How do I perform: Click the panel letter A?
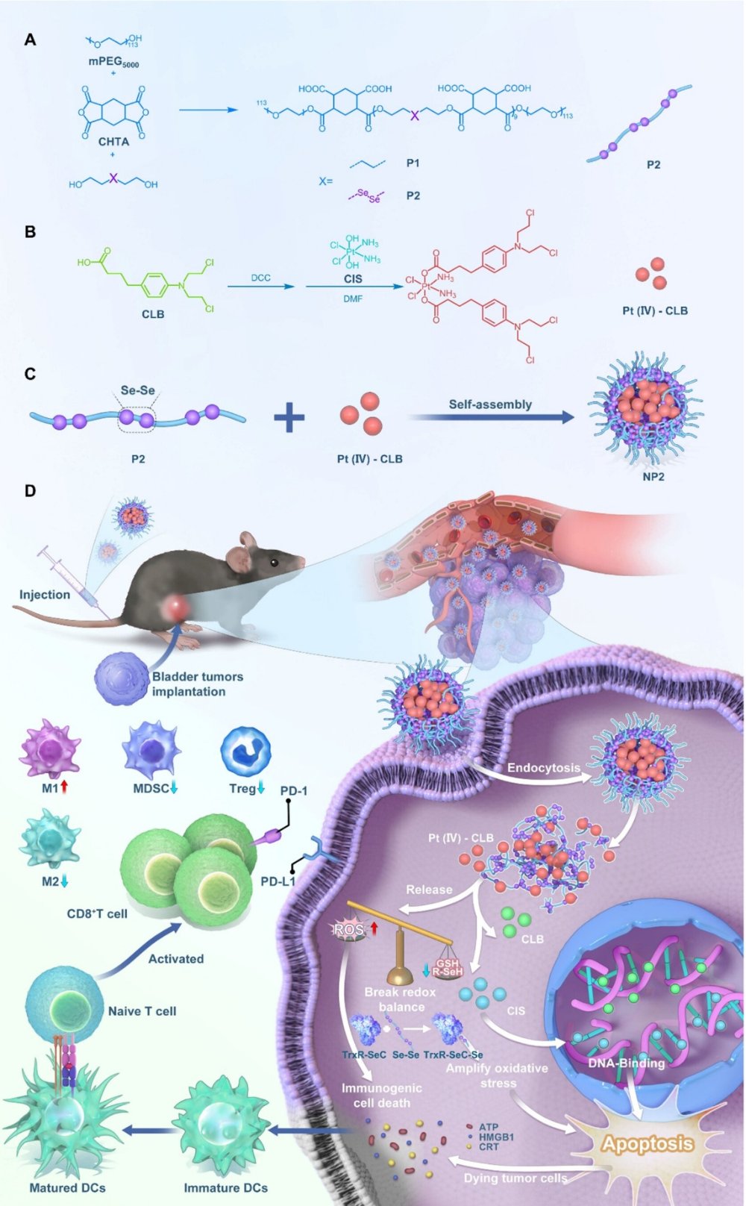click(x=30, y=40)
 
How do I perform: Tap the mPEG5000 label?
click(x=113, y=63)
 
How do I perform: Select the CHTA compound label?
click(x=113, y=141)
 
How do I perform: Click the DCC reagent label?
click(x=260, y=278)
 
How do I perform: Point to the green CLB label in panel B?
click(x=153, y=314)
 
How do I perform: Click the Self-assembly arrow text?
click(x=490, y=404)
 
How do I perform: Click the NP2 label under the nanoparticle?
click(x=653, y=476)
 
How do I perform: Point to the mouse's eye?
click(x=275, y=561)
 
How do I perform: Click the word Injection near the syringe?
click(x=45, y=595)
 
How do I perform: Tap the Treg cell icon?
click(x=245, y=752)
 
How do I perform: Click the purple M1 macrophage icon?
click(x=50, y=749)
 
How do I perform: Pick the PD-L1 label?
click(x=278, y=881)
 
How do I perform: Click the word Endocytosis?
click(x=543, y=768)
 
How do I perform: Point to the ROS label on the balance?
click(x=348, y=930)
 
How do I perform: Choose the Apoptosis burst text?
click(x=647, y=1144)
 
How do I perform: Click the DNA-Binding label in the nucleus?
click(x=626, y=1063)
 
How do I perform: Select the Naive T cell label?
click(x=142, y=1011)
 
